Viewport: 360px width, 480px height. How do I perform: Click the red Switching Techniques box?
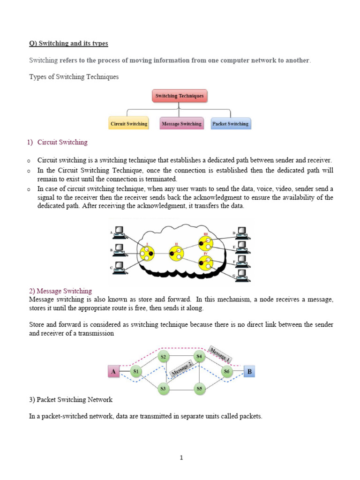[x=180, y=96]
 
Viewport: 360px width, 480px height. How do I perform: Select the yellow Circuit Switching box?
[x=128, y=124]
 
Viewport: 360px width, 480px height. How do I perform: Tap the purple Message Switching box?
[x=181, y=124]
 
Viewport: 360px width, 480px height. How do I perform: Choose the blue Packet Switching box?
[x=231, y=124]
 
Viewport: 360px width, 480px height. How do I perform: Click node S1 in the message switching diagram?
[x=135, y=372]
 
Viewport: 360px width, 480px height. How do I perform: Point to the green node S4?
[x=200, y=357]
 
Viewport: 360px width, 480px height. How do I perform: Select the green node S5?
[x=200, y=388]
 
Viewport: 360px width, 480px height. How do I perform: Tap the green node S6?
[x=227, y=372]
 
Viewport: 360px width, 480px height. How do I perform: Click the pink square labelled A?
[x=113, y=372]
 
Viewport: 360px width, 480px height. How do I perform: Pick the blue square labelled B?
[x=250, y=372]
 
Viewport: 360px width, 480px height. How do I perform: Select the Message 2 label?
[x=182, y=368]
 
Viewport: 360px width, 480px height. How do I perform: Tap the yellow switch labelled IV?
[x=205, y=261]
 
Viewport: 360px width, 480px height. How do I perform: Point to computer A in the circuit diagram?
[x=120, y=232]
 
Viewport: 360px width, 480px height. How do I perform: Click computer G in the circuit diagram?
[x=241, y=274]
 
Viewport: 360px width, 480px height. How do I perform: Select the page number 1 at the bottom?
[x=180, y=458]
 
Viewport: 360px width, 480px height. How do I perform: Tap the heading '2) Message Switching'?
[x=60, y=291]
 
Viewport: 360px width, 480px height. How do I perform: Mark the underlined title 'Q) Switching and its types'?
[x=68, y=44]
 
